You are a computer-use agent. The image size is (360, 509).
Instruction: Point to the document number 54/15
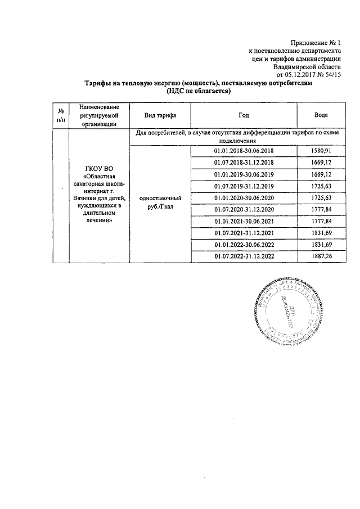[334, 74]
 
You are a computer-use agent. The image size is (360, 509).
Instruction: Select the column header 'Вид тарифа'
[160, 115]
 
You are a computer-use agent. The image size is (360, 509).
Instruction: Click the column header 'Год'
[243, 115]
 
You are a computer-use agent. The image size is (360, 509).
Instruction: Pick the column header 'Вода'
[321, 115]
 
